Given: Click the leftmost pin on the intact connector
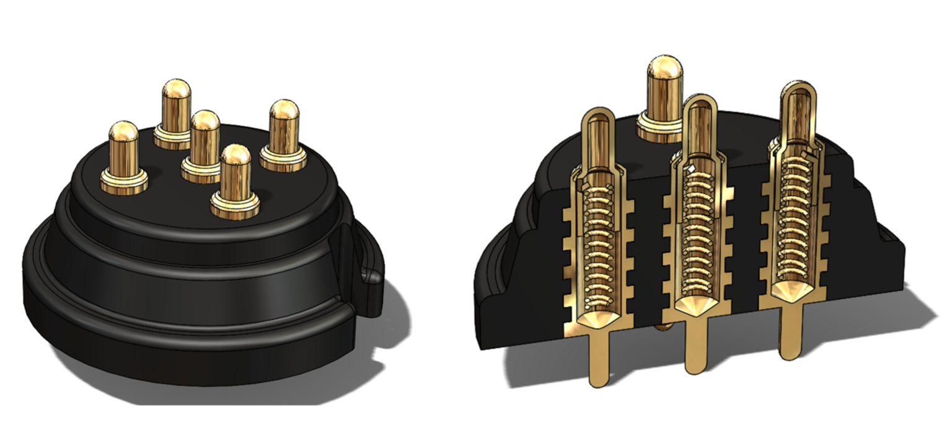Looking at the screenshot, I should click(x=124, y=149).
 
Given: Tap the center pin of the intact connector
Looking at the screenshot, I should click(x=205, y=140).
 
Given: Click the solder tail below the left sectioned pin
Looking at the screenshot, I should click(x=598, y=360).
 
